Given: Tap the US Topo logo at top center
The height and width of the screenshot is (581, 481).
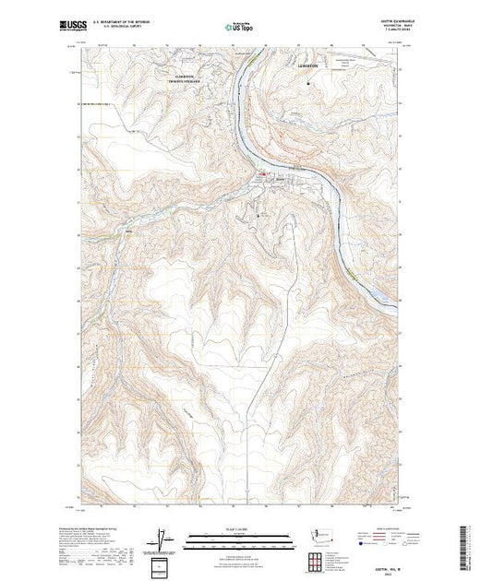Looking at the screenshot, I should click(x=239, y=28).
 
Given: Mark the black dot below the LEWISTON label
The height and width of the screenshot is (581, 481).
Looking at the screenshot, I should click(x=307, y=84).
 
